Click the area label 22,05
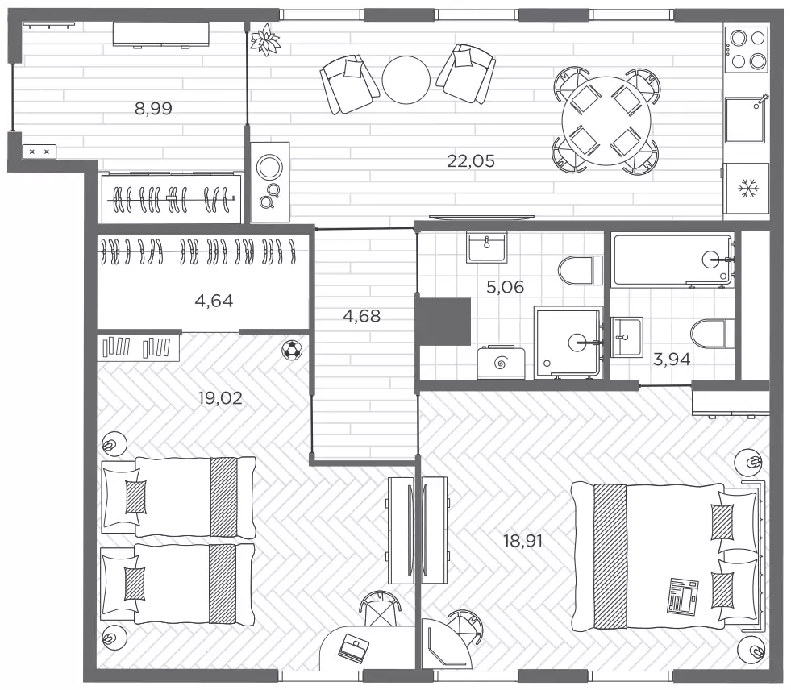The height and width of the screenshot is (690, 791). pos(471,161)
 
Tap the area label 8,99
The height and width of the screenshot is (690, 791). pos(153,109)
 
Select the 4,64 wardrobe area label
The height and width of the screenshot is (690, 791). pos(214,301)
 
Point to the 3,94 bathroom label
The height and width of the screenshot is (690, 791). pos(672,360)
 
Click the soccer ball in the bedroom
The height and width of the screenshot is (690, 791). pos(292,350)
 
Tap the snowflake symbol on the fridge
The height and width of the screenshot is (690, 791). pos(748,189)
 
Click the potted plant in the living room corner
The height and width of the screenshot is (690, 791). pos(265,39)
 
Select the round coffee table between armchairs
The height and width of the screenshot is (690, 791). pos(406,80)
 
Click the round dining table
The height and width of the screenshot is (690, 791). pos(606,122)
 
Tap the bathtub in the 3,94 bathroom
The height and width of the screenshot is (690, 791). pos(672,260)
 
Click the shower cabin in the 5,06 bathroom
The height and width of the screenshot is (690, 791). pos(568,343)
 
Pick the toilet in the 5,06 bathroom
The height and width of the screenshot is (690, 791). pos(581,270)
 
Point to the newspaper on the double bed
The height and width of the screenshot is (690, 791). pos(683,596)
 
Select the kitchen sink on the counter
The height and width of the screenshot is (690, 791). pos(746,120)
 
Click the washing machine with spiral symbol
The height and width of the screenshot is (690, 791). pos(501,362)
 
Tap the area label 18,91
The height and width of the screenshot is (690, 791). pos(523,541)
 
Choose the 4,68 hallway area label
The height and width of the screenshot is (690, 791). pos(361,316)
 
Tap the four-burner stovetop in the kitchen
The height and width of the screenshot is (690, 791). pos(747,49)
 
